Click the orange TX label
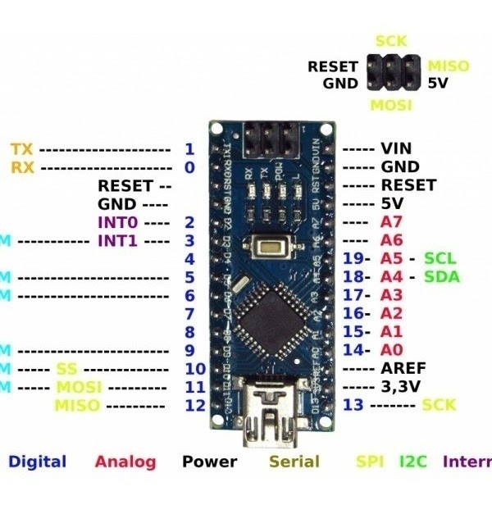click(x=22, y=149)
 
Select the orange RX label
click(x=22, y=167)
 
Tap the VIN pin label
click(x=395, y=149)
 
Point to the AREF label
click(x=402, y=368)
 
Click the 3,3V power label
click(x=402, y=386)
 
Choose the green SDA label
click(x=442, y=277)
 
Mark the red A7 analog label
click(x=391, y=222)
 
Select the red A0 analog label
click(x=391, y=350)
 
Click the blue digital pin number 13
click(x=353, y=405)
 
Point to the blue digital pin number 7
click(x=189, y=314)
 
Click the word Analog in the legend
click(x=125, y=462)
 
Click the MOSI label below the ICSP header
click(x=390, y=105)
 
